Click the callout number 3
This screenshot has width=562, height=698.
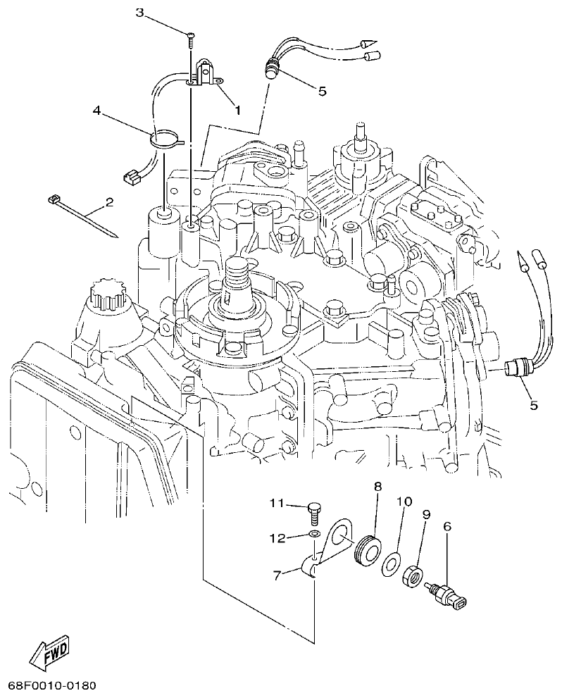pyautogui.click(x=139, y=13)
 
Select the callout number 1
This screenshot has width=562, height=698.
pyautogui.click(x=237, y=110)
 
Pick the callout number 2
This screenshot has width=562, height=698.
pyautogui.click(x=109, y=203)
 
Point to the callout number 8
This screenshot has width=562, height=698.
pyautogui.click(x=377, y=487)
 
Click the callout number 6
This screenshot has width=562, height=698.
pyautogui.click(x=447, y=526)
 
